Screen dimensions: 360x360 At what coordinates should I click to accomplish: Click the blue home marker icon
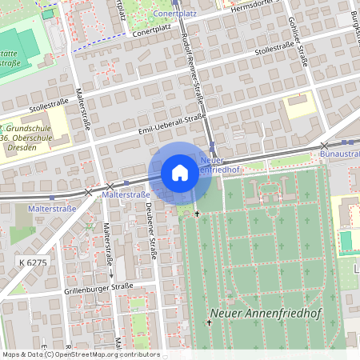(180, 173)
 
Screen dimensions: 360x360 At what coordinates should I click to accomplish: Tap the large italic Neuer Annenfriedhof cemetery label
(265, 314)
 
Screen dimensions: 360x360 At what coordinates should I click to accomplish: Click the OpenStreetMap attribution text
(80, 354)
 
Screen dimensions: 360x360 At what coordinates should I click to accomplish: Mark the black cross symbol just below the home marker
(197, 214)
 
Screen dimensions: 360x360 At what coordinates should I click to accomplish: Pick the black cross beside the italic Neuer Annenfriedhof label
(210, 322)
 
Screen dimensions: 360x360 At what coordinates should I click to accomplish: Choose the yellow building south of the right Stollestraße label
(300, 105)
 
